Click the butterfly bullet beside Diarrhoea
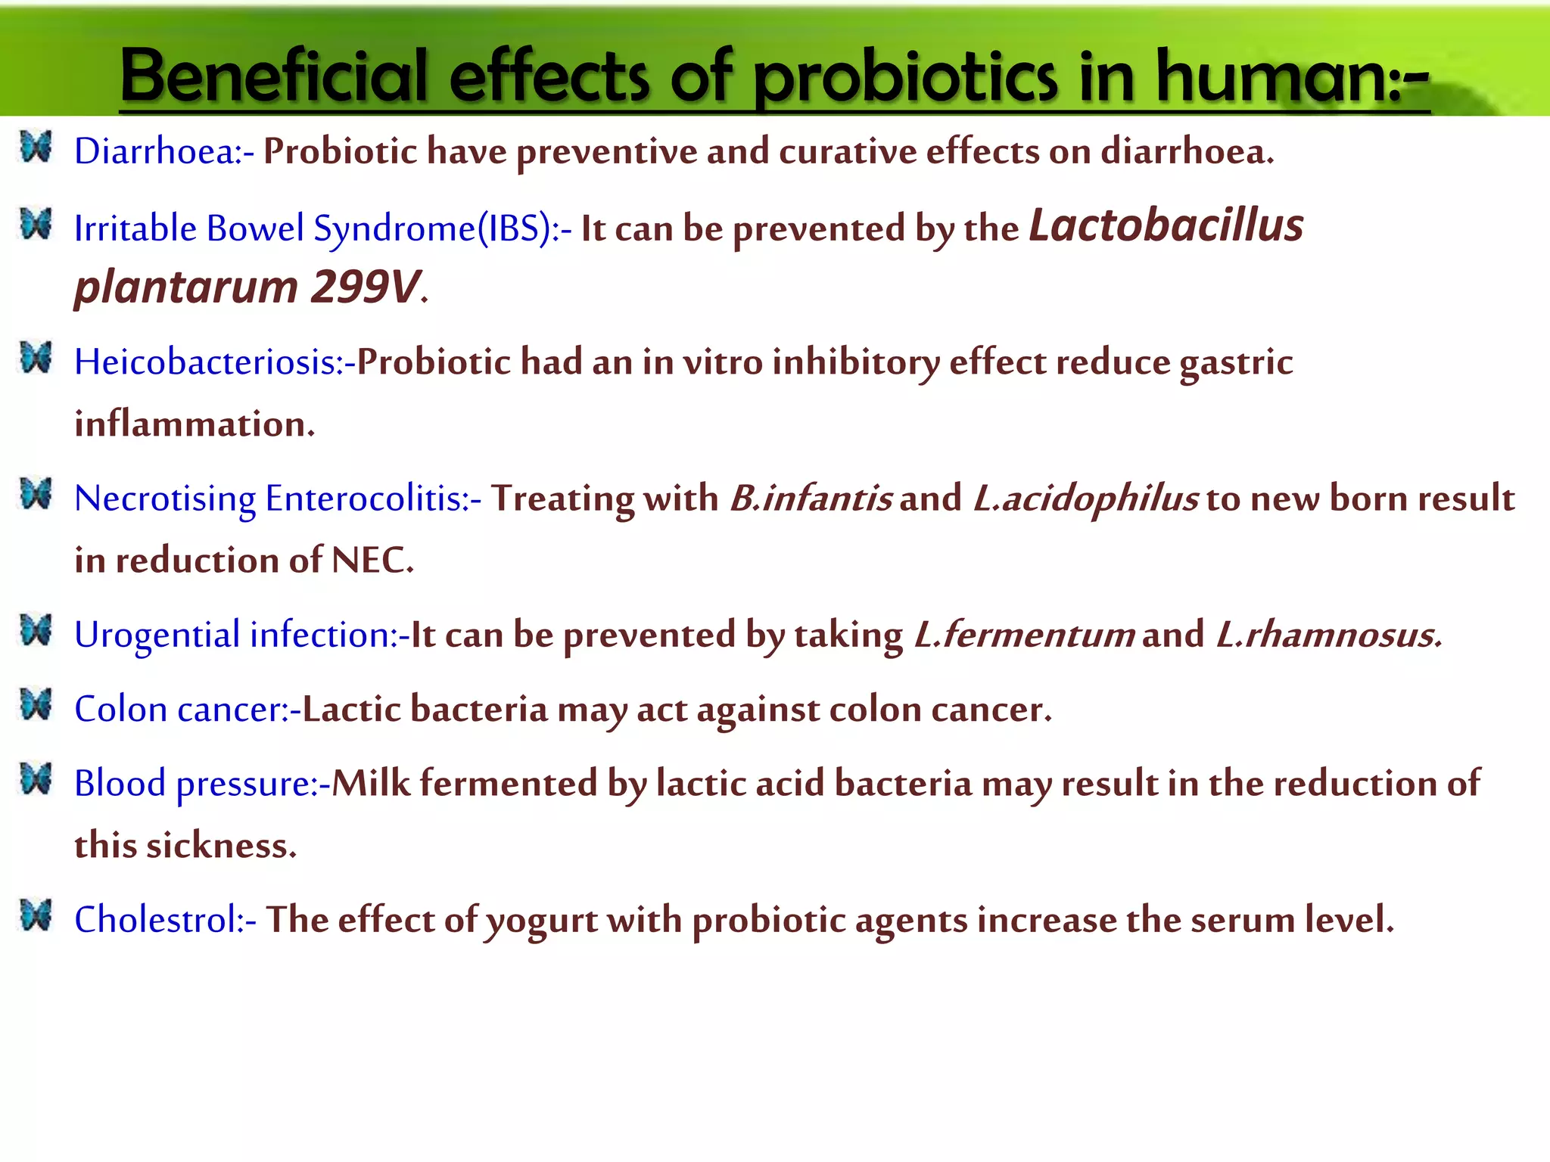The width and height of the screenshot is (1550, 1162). coord(36,147)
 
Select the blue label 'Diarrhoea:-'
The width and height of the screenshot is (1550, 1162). coord(164,151)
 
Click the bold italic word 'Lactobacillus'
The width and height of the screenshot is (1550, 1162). coord(1166,225)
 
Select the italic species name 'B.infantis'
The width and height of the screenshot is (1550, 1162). coord(811,499)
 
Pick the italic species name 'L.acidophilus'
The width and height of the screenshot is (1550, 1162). coord(1085,499)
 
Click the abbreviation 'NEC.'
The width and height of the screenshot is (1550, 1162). coord(373,561)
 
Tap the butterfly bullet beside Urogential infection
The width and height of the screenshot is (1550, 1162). coord(36,630)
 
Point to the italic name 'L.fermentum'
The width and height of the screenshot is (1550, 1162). coord(1024,635)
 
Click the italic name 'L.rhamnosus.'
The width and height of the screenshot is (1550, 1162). coord(1329,635)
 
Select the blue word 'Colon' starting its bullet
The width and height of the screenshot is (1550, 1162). coord(121,710)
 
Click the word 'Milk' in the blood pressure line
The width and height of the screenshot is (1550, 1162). coord(371,783)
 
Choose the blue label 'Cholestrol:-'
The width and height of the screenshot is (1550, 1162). coord(165,920)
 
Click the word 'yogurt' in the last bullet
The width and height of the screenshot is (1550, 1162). coord(542,921)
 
